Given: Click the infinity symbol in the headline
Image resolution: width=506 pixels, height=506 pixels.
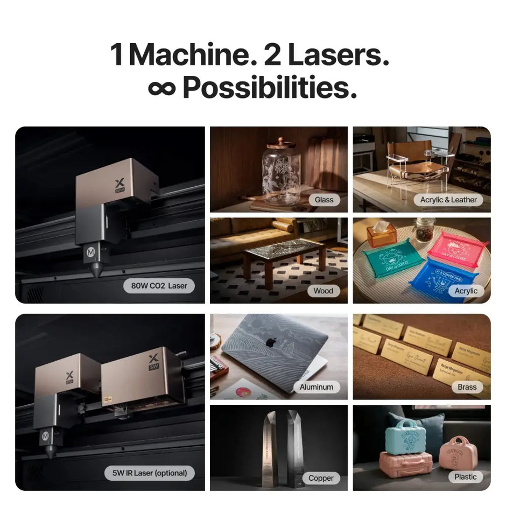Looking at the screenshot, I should pos(162,88).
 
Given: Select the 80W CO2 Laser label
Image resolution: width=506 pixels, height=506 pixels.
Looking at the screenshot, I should pos(159,286).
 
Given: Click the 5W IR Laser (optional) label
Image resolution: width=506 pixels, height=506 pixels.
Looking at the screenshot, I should pos(150,473).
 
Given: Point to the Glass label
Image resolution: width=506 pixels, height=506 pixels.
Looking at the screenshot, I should pos(324,200).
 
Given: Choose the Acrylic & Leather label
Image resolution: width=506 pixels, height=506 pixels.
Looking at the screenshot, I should pos(448,200).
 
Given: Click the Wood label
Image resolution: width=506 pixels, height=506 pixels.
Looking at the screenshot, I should pos(324,291).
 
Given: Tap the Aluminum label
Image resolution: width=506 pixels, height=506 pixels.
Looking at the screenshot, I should pos(317,386).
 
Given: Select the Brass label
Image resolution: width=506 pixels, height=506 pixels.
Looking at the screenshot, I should pos(467,386).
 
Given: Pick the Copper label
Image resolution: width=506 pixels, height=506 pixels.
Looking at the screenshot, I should pos(321,477).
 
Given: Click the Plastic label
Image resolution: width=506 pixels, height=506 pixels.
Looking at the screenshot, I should pos(465,476).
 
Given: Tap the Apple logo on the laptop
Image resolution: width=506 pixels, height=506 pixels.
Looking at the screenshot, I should pos(272,342).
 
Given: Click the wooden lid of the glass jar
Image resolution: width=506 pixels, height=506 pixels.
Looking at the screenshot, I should pos(281,143).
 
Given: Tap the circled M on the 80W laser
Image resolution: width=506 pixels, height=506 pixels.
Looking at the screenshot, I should pos(91,251).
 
